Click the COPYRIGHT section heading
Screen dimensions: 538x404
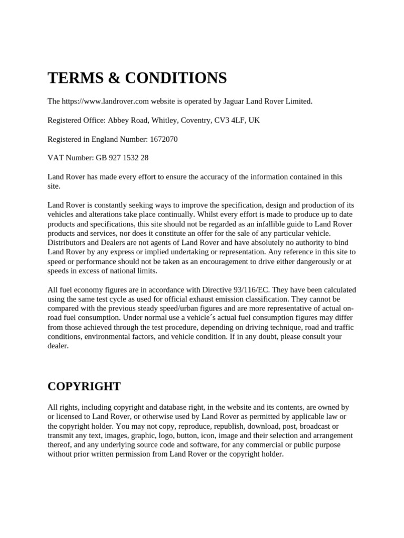click(84, 386)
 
